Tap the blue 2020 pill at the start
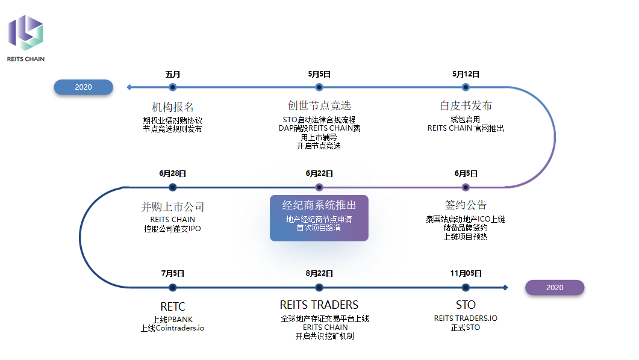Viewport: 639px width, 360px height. pos(84,87)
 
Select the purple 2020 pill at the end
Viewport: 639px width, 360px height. pos(555,288)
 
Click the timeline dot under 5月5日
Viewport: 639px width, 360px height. pos(319,87)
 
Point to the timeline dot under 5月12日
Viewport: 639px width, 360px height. pos(466,87)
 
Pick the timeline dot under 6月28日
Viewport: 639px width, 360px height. pos(173,187)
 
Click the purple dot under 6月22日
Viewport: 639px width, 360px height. pos(319,187)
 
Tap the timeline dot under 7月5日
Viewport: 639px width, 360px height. pos(173,288)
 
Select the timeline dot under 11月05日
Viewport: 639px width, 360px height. pos(466,288)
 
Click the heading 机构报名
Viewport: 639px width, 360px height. pos(173,107)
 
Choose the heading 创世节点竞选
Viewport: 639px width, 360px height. pos(319,106)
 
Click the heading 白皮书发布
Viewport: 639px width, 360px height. pos(466,106)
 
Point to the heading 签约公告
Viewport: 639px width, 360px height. pos(466,205)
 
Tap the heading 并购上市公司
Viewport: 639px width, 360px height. pos(173,207)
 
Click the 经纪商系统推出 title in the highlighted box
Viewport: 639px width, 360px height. pos(319,205)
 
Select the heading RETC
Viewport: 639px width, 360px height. pos(173,305)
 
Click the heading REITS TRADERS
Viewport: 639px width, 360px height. pos(319,305)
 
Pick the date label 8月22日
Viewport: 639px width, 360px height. pos(319,273)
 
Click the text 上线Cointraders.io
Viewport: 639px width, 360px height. pos(173,328)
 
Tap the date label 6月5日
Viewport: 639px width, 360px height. pos(466,173)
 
